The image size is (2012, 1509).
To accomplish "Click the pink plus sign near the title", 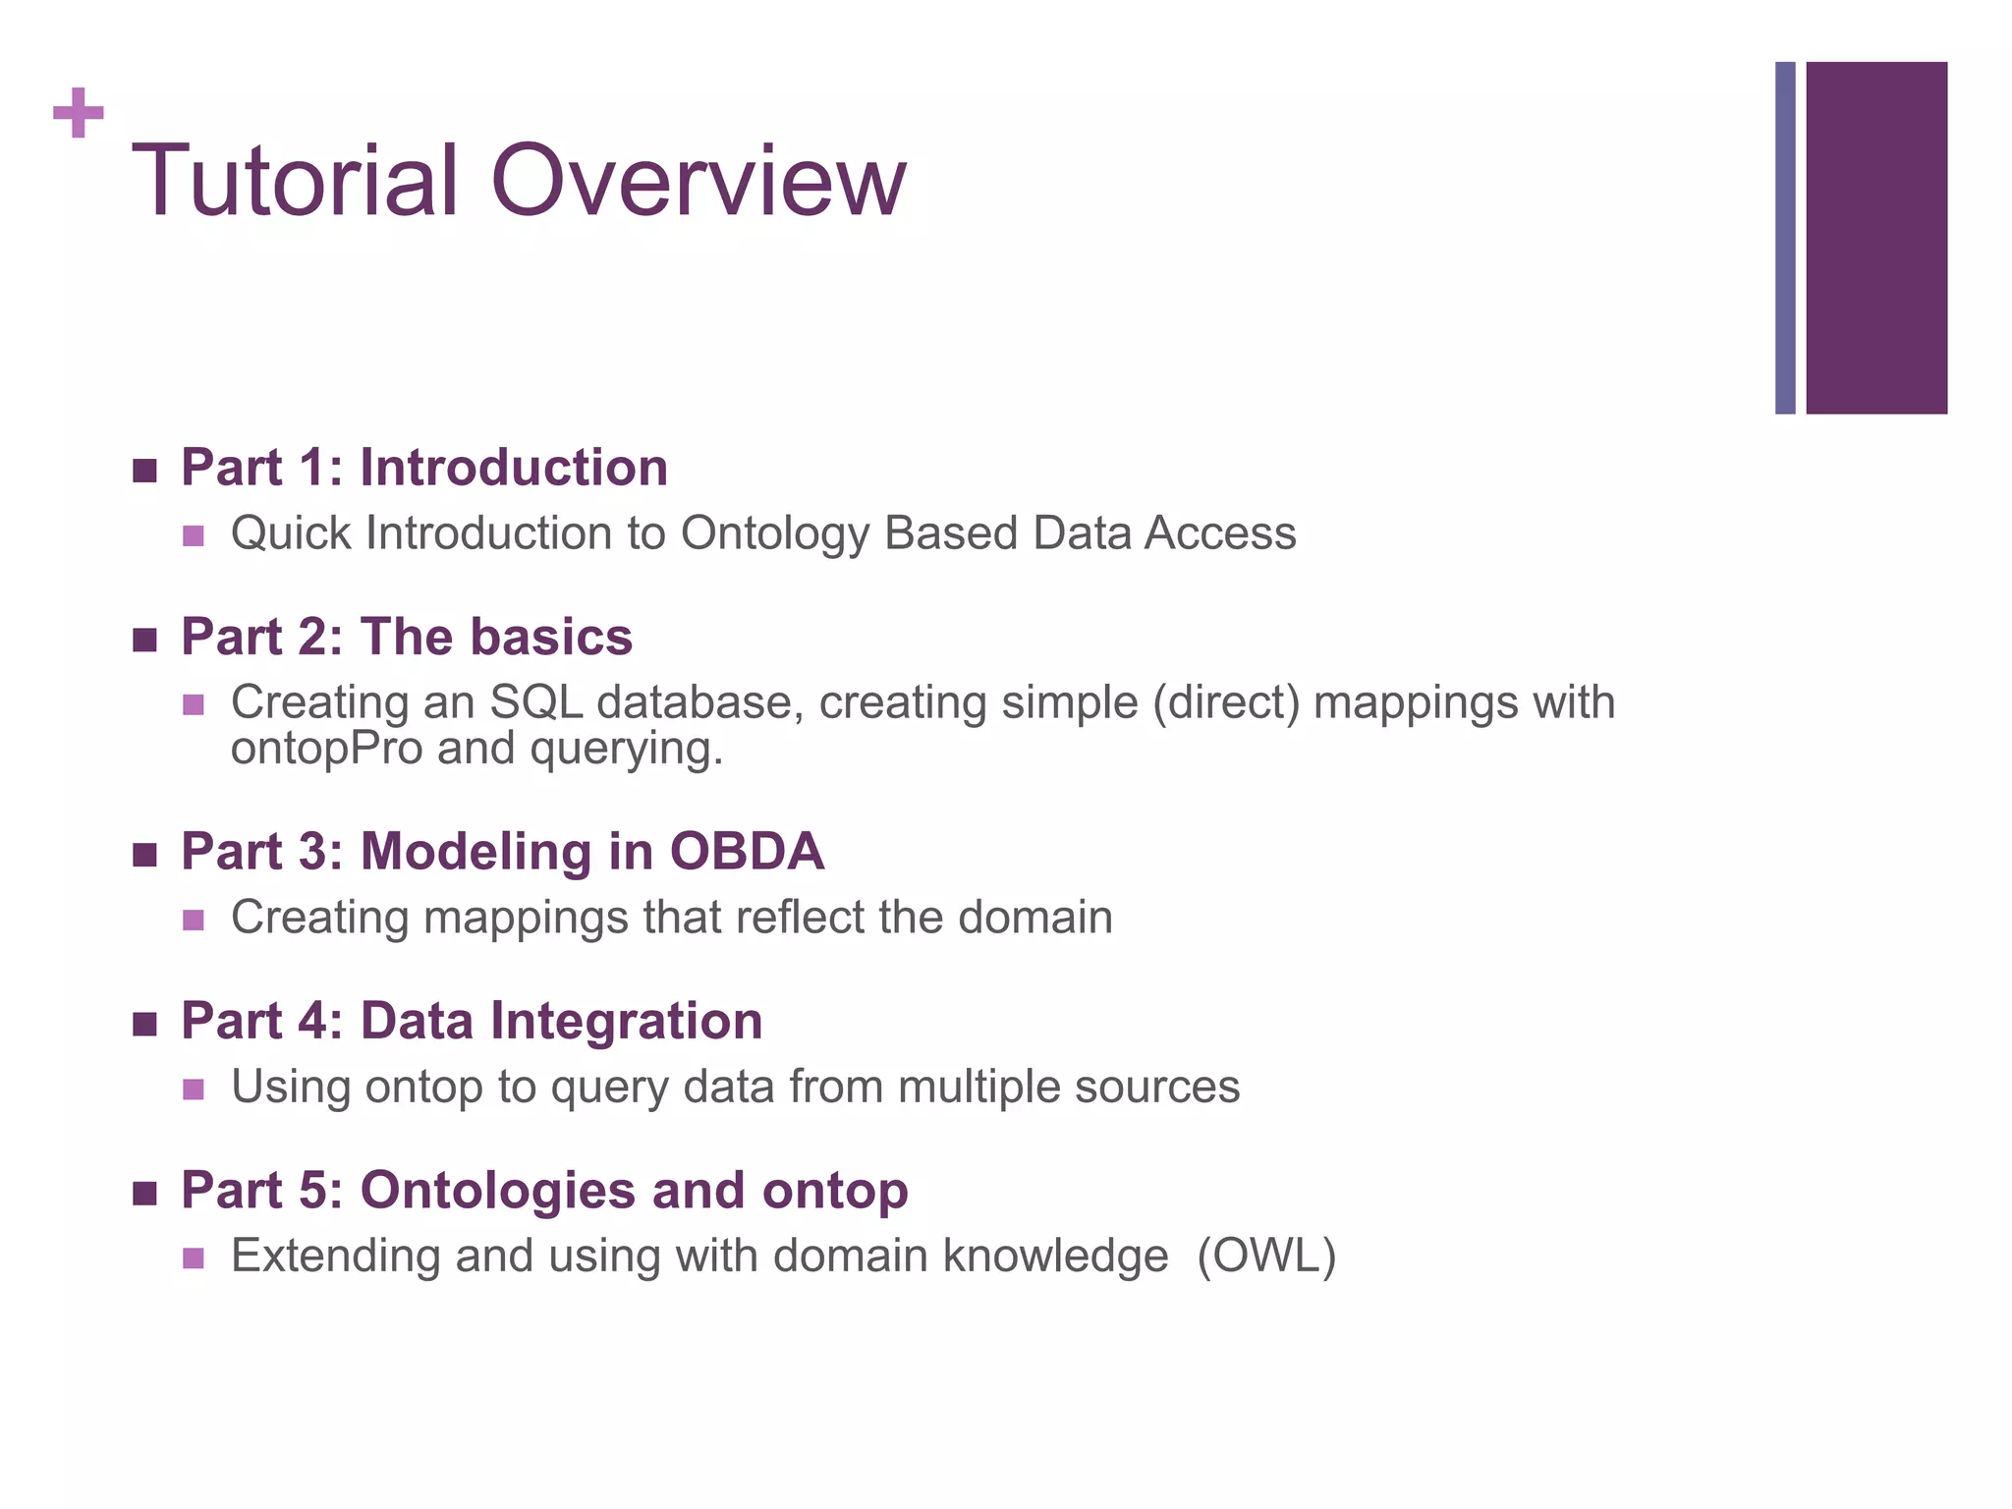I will pyautogui.click(x=79, y=113).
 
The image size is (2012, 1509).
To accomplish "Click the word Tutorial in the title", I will pyautogui.click(x=295, y=182).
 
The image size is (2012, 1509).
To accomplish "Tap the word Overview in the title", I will pyautogui.click(x=698, y=182).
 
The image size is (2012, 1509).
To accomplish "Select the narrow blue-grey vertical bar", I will pyautogui.click(x=1785, y=238).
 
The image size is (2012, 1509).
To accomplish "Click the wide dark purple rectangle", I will pyautogui.click(x=1876, y=238).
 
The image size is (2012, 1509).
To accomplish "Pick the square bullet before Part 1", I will pyautogui.click(x=144, y=471).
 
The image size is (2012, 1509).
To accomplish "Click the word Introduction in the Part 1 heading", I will pyautogui.click(x=514, y=468).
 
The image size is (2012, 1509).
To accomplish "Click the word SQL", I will pyautogui.click(x=535, y=702).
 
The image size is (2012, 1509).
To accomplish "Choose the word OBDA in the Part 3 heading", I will pyautogui.click(x=747, y=851).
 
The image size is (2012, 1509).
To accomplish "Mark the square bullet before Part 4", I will pyautogui.click(x=144, y=1025).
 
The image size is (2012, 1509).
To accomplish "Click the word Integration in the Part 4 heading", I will pyautogui.click(x=626, y=1021).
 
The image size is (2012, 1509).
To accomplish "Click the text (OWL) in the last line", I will pyautogui.click(x=1266, y=1257).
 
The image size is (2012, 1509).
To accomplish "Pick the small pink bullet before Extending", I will pyautogui.click(x=194, y=1258).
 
